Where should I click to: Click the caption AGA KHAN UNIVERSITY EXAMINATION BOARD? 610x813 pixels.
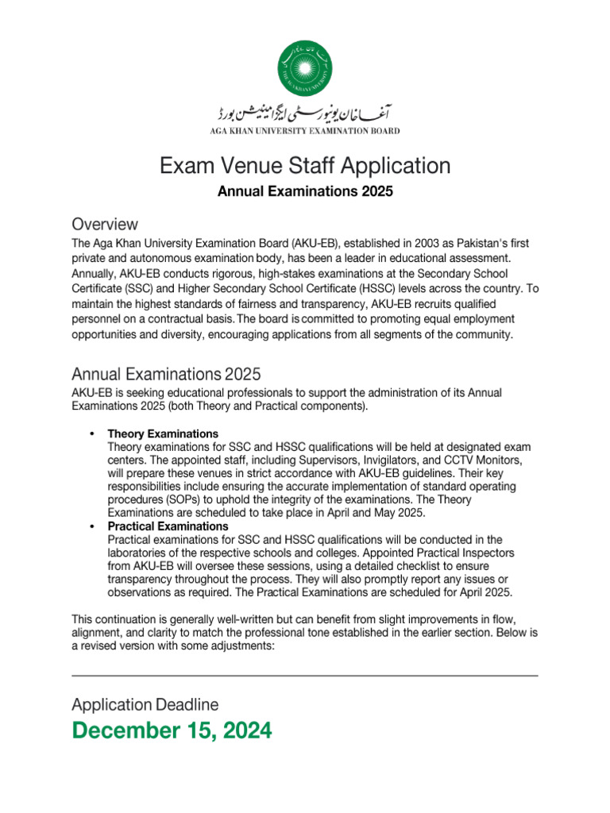click(x=305, y=131)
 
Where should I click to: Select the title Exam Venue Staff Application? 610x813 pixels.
click(x=305, y=166)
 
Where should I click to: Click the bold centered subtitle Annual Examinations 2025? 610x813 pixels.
click(x=305, y=192)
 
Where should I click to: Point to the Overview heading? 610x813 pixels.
click(x=104, y=224)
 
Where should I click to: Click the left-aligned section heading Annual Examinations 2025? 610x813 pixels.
click(x=165, y=374)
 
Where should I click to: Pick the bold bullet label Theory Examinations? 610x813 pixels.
click(x=163, y=434)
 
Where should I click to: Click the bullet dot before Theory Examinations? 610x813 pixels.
click(x=92, y=434)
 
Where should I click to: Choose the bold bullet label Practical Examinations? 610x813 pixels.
click(x=168, y=526)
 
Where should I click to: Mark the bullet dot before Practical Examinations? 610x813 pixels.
click(x=92, y=526)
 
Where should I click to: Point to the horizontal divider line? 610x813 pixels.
click(x=305, y=676)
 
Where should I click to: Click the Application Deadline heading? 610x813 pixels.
click(x=145, y=704)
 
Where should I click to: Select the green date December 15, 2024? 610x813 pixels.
click(x=172, y=730)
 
